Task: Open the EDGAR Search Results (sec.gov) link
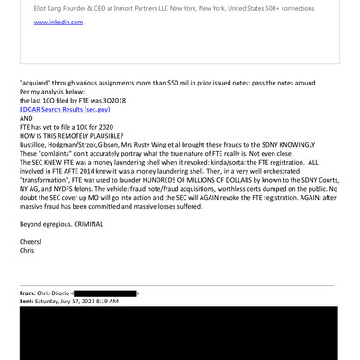click(66, 112)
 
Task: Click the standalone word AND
click(27, 121)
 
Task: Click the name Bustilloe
click(37, 149)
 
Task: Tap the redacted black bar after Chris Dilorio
click(104, 293)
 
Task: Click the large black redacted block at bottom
click(180, 337)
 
